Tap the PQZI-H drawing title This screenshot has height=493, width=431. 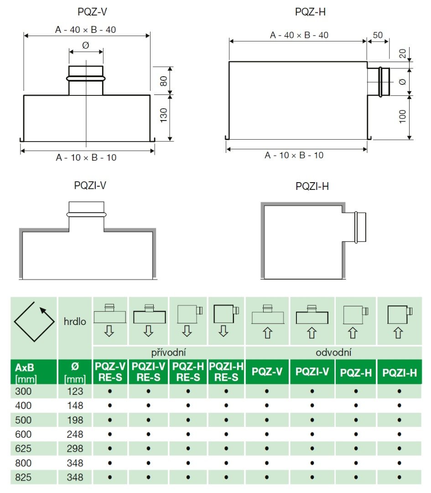click(x=312, y=186)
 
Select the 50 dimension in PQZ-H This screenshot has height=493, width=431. click(x=378, y=35)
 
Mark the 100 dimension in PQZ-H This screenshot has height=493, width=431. click(x=402, y=116)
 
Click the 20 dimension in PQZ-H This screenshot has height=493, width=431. click(x=402, y=53)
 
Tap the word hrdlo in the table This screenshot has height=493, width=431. click(x=74, y=322)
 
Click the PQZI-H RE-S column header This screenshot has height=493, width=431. click(x=226, y=372)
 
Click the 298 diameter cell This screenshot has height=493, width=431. click(x=75, y=448)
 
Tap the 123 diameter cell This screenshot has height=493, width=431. click(x=75, y=391)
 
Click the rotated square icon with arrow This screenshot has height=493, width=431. click(x=31, y=321)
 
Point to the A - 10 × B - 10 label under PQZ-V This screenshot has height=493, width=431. click(x=86, y=157)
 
